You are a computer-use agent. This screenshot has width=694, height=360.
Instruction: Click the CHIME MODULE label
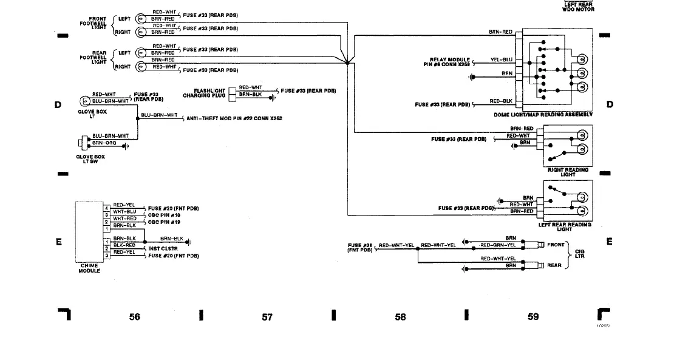click(89, 268)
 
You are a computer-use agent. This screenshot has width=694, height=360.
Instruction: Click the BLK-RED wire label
click(124, 245)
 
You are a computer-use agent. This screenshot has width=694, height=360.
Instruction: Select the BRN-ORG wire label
click(103, 143)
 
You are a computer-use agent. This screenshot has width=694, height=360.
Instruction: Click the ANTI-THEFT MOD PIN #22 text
click(228, 120)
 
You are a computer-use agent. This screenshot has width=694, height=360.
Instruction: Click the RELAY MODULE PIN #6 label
click(450, 62)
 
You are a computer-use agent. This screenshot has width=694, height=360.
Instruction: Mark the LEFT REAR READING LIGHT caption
click(565, 227)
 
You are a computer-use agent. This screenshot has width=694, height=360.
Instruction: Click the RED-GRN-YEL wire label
click(498, 245)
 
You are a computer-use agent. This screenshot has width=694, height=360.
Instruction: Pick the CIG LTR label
click(580, 254)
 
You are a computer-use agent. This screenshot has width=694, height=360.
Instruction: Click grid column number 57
click(267, 316)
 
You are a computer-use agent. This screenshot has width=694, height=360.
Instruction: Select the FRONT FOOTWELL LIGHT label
click(94, 23)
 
